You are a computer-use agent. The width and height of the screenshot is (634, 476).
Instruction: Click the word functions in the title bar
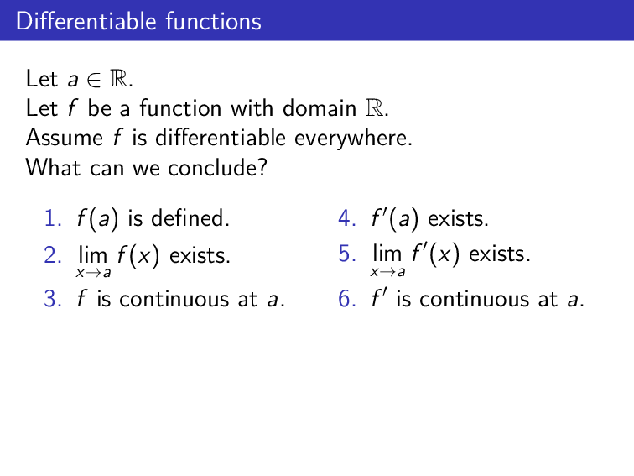[213, 20]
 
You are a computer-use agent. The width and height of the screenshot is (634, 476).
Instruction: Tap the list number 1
[51, 220]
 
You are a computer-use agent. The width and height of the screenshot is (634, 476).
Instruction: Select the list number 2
[51, 254]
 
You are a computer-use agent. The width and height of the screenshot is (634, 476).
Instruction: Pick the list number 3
[51, 299]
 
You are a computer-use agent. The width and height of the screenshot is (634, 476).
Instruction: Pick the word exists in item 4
[458, 220]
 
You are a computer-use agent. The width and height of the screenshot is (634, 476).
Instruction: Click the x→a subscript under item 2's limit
[92, 272]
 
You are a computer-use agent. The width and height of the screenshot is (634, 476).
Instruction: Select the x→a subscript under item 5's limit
[388, 272]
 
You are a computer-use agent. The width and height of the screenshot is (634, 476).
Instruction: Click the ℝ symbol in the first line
[121, 80]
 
